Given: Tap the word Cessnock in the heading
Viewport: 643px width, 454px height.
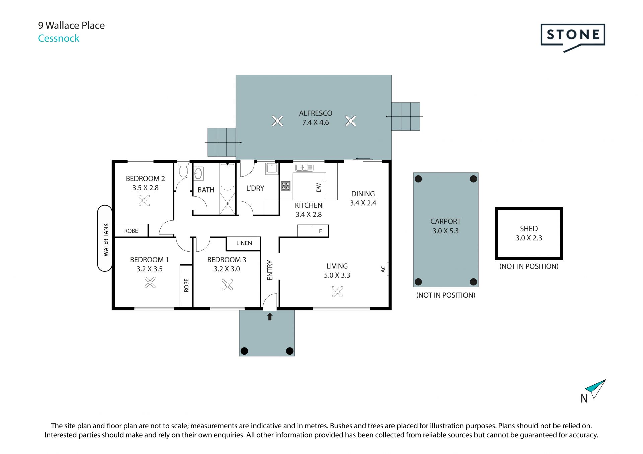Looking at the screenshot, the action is pos(59,38).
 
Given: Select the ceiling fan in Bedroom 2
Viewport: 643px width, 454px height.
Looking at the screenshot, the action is pos(144,200).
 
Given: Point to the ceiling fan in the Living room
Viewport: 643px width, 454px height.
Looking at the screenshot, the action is pos(337,291).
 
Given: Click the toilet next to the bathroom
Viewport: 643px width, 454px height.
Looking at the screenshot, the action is pos(183,170).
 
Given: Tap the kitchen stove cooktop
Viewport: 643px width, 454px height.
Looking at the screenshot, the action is pos(286,186).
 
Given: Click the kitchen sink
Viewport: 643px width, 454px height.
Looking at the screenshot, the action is pos(304,167).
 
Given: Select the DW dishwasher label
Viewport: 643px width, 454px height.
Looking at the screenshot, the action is pos(318,188).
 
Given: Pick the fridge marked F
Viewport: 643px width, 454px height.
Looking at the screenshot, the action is pos(320,231).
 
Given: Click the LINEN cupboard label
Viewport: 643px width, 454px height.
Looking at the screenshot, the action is pos(244,243).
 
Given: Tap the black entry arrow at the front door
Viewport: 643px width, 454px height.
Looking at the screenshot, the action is pos(270,316).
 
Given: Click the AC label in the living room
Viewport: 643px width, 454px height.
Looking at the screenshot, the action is pos(383,269).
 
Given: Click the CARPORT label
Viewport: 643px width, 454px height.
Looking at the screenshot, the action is pos(445,221).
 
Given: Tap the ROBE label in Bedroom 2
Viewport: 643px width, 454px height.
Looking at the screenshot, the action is pos(131,231).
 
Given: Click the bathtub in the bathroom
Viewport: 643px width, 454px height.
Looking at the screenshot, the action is pos(228,177).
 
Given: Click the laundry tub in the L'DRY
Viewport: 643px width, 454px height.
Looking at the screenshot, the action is pos(272,169).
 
